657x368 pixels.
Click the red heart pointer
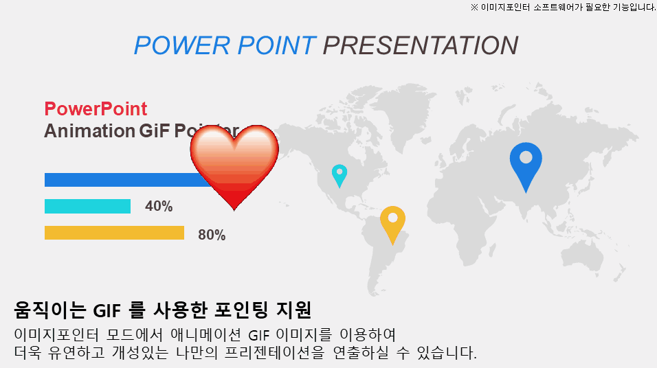[234, 165]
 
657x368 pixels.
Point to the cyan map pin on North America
[339, 174]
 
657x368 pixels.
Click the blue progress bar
[124, 180]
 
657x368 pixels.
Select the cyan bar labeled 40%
[87, 206]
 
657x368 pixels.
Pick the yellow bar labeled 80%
[114, 233]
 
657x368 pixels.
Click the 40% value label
[159, 207]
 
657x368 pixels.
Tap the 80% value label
[212, 235]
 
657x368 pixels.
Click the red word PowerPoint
[96, 109]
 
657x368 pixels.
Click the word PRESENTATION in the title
[420, 45]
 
